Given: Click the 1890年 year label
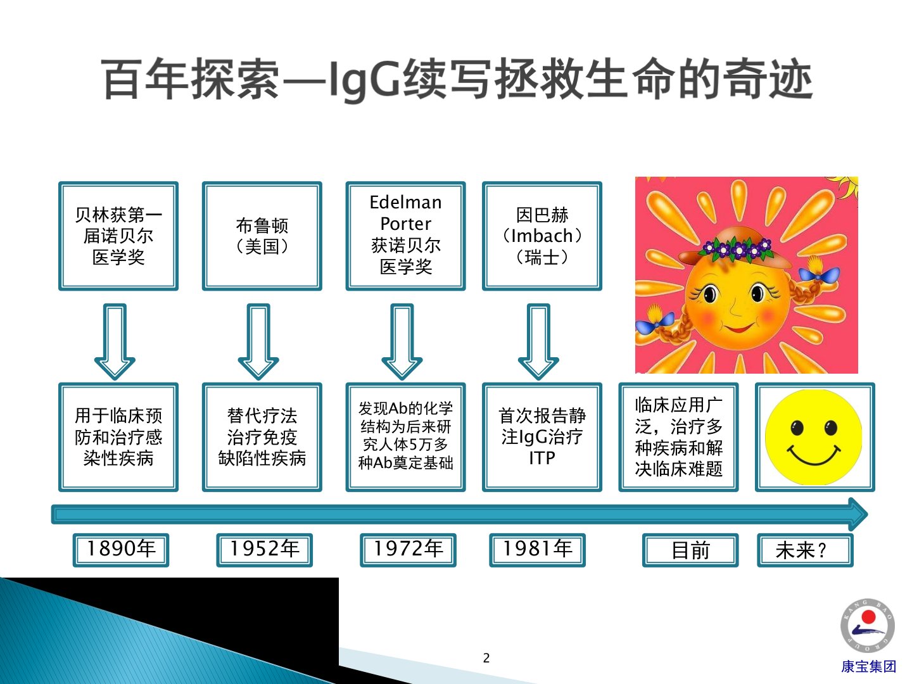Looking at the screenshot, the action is pyautogui.click(x=121, y=550).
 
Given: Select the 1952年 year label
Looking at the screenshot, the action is pyautogui.click(x=264, y=550).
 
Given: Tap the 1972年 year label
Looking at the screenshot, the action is pyautogui.click(x=408, y=550).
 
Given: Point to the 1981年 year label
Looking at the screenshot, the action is pyautogui.click(x=537, y=550).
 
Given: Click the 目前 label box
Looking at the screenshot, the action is pyautogui.click(x=690, y=550).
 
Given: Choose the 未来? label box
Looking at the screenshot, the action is pyautogui.click(x=805, y=550).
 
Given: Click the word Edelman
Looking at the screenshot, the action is pyautogui.click(x=405, y=202).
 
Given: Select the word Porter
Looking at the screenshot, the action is pyautogui.click(x=405, y=224).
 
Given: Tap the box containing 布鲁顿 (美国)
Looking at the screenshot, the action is pyautogui.click(x=262, y=236).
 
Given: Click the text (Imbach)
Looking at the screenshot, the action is pyautogui.click(x=541, y=236).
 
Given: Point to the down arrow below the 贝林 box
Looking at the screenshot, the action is pyautogui.click(x=115, y=341).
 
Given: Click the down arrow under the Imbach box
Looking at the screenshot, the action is pyautogui.click(x=538, y=341).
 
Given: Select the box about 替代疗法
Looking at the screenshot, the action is pyautogui.click(x=262, y=437).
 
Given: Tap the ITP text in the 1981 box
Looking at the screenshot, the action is pyautogui.click(x=541, y=458).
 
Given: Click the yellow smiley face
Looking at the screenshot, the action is pyautogui.click(x=814, y=437).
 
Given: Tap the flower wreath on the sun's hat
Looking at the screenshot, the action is pyautogui.click(x=736, y=247).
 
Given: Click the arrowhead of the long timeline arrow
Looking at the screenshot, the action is pyautogui.click(x=857, y=514).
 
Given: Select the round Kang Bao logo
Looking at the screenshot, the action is pyautogui.click(x=868, y=626).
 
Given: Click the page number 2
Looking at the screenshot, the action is pyautogui.click(x=486, y=658).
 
